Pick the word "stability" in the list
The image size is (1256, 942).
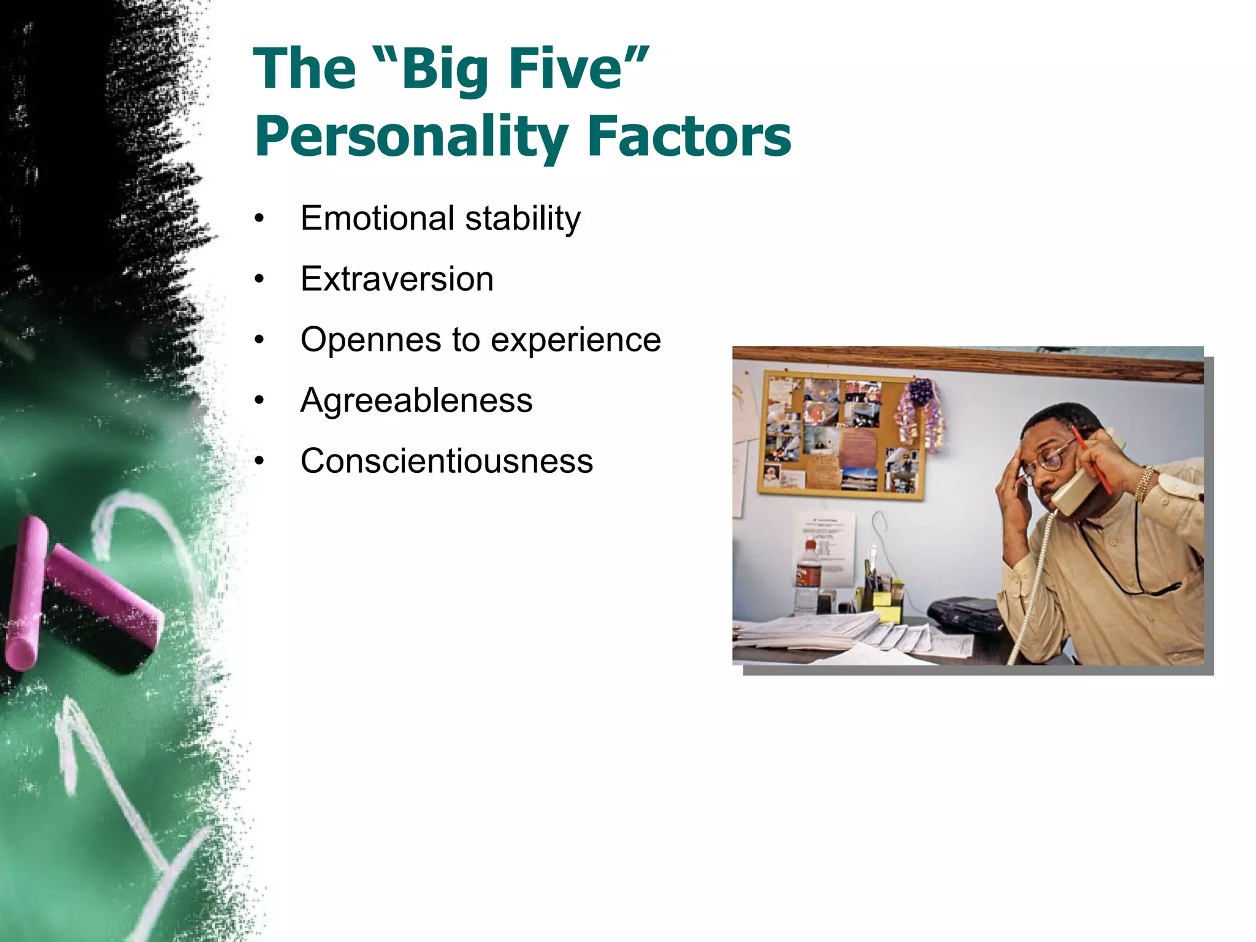tap(523, 219)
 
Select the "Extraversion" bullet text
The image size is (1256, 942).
tap(397, 279)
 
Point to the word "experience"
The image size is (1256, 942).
tap(576, 340)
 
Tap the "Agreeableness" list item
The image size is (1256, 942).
tap(416, 400)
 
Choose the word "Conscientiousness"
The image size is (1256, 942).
tap(446, 461)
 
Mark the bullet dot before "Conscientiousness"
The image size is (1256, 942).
tap(259, 462)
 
